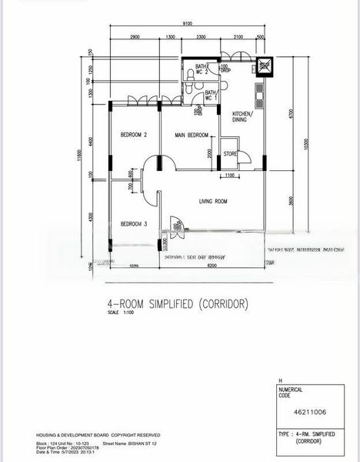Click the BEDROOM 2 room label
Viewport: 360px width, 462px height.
point(134,136)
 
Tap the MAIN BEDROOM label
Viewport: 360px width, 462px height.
point(191,136)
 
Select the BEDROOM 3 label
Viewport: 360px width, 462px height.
point(134,224)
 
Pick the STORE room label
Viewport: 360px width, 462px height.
point(230,155)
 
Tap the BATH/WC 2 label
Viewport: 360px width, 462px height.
point(200,70)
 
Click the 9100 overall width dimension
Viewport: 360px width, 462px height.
point(188,25)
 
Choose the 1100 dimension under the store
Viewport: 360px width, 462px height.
point(230,176)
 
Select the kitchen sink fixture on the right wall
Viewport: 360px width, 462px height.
point(260,95)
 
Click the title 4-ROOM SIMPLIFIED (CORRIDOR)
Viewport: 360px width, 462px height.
point(178,304)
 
